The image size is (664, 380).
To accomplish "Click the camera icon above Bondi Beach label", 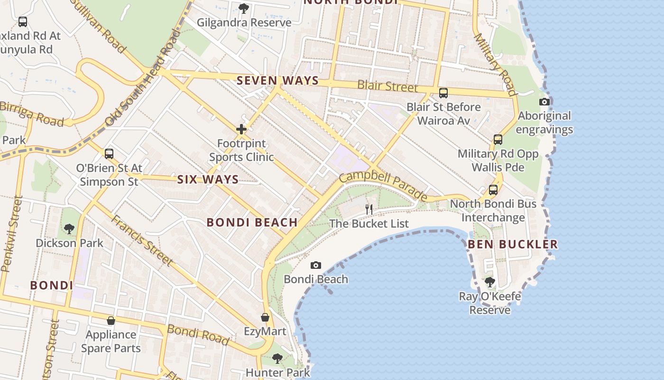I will coord(315,265).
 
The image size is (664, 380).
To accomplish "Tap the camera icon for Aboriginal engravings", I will coord(544,102).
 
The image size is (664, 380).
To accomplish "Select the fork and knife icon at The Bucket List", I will coord(369,209).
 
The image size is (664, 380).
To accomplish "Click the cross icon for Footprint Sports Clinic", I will coord(241,129).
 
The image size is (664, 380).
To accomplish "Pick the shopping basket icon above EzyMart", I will coord(265,317).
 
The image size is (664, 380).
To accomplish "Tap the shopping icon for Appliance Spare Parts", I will coord(111,321).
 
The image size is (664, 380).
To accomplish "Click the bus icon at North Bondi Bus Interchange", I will coord(493,190).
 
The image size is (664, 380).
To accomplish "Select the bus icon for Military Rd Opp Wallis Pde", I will coord(498,140).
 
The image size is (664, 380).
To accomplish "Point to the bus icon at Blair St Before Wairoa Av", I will coord(443,93).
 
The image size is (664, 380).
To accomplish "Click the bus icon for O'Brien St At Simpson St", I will coord(109,154).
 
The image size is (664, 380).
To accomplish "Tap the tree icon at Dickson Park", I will coord(69,229).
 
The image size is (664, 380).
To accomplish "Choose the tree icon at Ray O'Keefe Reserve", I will coord(490,282).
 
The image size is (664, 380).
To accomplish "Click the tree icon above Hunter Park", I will coord(277,359).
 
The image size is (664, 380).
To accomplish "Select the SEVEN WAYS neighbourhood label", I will coord(277,81).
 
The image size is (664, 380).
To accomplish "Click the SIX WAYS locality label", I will coord(208,180).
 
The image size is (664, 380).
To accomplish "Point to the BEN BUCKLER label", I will coord(513,245).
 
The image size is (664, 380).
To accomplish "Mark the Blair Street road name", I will coord(387,86).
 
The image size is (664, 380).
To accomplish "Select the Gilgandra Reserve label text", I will coord(244,22).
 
